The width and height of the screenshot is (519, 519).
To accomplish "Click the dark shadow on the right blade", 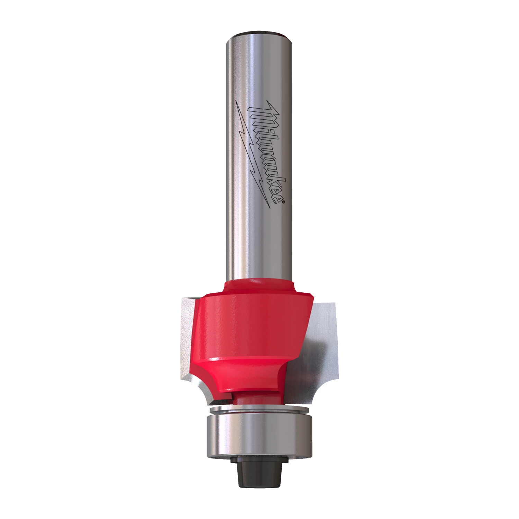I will coord(311,367).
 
